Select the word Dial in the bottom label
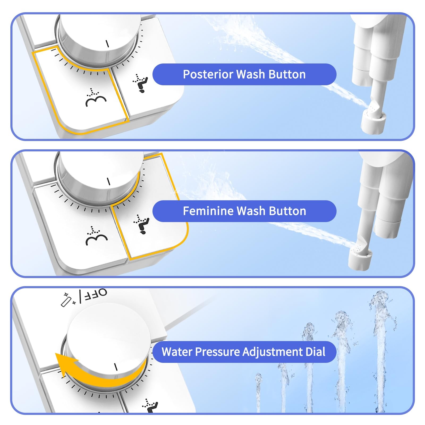(x=315, y=352)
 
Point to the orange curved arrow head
(x=64, y=363)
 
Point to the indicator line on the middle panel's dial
(x=108, y=181)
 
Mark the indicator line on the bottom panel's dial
(x=116, y=367)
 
